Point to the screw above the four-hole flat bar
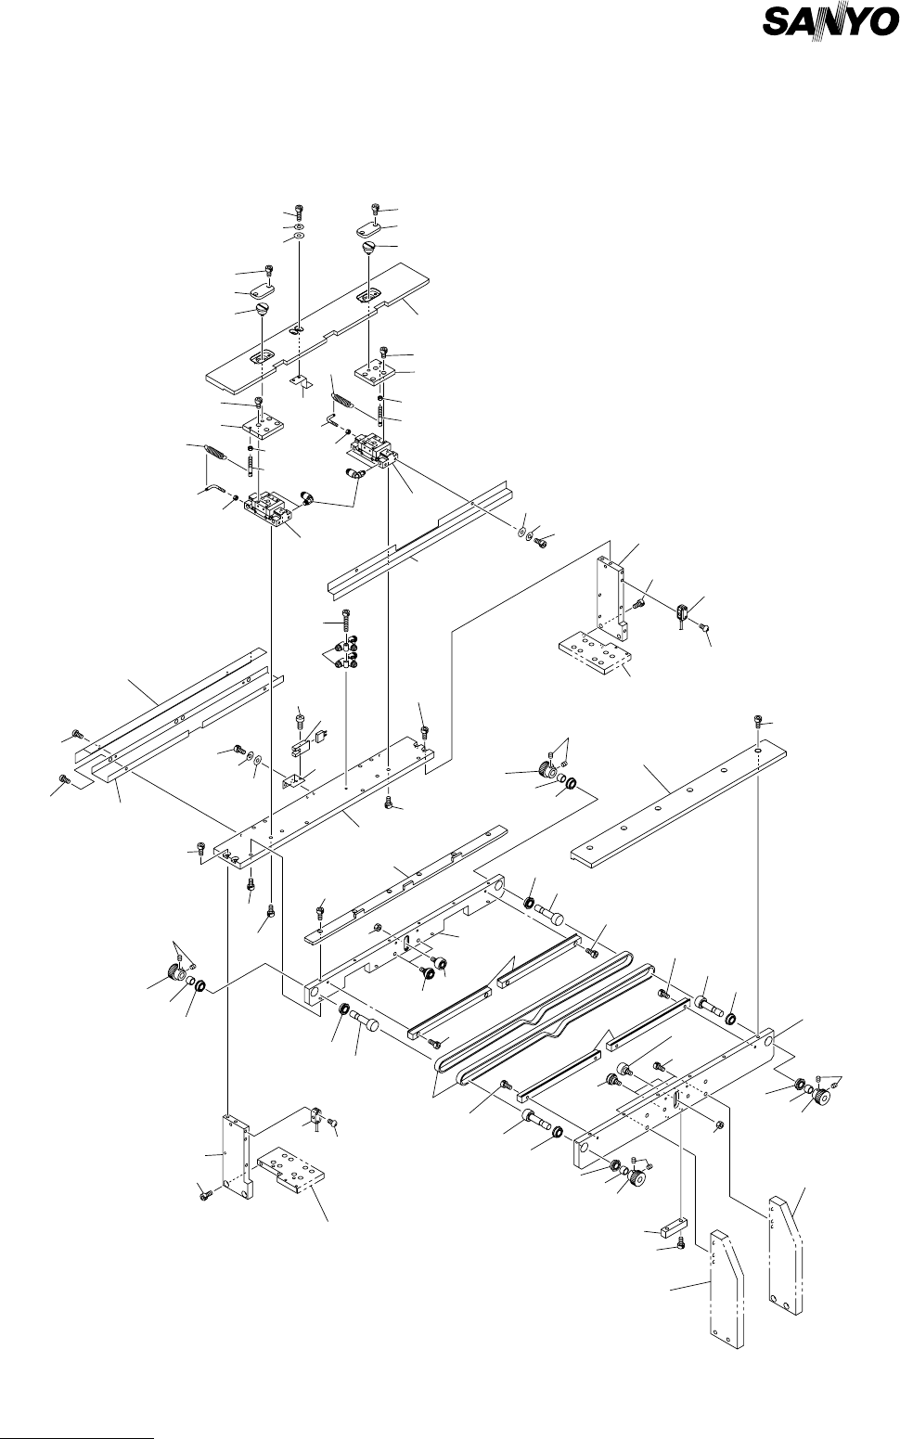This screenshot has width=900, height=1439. (x=759, y=721)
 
